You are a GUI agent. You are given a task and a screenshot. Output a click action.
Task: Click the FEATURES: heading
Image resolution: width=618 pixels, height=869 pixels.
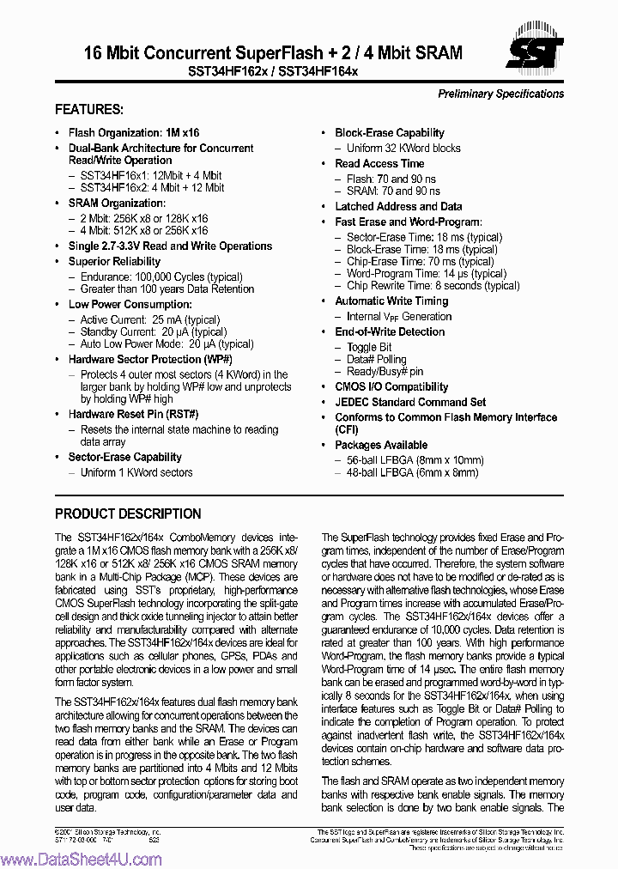89,110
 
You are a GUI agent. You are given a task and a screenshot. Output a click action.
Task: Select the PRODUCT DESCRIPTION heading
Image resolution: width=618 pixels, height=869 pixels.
128,513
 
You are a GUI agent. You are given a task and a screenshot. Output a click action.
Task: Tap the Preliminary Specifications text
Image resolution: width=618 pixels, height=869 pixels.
500,94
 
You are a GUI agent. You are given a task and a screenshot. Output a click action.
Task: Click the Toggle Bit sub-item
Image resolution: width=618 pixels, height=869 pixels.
369,346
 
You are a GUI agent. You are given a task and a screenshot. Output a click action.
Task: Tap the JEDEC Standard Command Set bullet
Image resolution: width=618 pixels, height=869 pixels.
409,402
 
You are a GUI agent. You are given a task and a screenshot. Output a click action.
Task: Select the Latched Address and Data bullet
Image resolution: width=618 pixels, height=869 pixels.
398,206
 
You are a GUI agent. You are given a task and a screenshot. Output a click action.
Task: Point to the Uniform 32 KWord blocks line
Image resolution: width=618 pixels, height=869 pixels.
403,148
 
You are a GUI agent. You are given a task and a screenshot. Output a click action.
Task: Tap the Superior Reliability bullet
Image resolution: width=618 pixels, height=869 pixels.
114,261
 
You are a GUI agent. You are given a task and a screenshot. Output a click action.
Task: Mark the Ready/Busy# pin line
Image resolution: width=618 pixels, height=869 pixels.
385,372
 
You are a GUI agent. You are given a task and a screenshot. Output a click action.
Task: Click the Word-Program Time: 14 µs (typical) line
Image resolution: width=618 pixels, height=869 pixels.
426,273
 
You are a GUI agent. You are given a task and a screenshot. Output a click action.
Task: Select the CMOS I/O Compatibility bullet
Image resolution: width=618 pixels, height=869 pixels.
391,387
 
